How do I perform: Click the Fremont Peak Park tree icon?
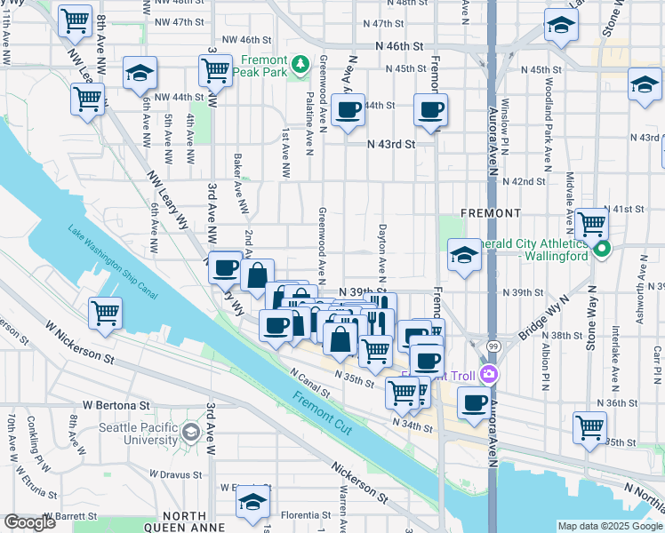click(300, 63)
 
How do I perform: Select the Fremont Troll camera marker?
click(487, 374)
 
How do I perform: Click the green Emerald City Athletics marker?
click(602, 249)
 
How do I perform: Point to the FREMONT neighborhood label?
click(491, 214)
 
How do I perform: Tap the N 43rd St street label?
click(392, 144)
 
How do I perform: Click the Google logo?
click(29, 522)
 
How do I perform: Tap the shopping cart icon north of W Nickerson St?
click(106, 314)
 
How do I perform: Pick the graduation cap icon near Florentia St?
click(252, 503)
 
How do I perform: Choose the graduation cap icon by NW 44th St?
click(140, 74)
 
